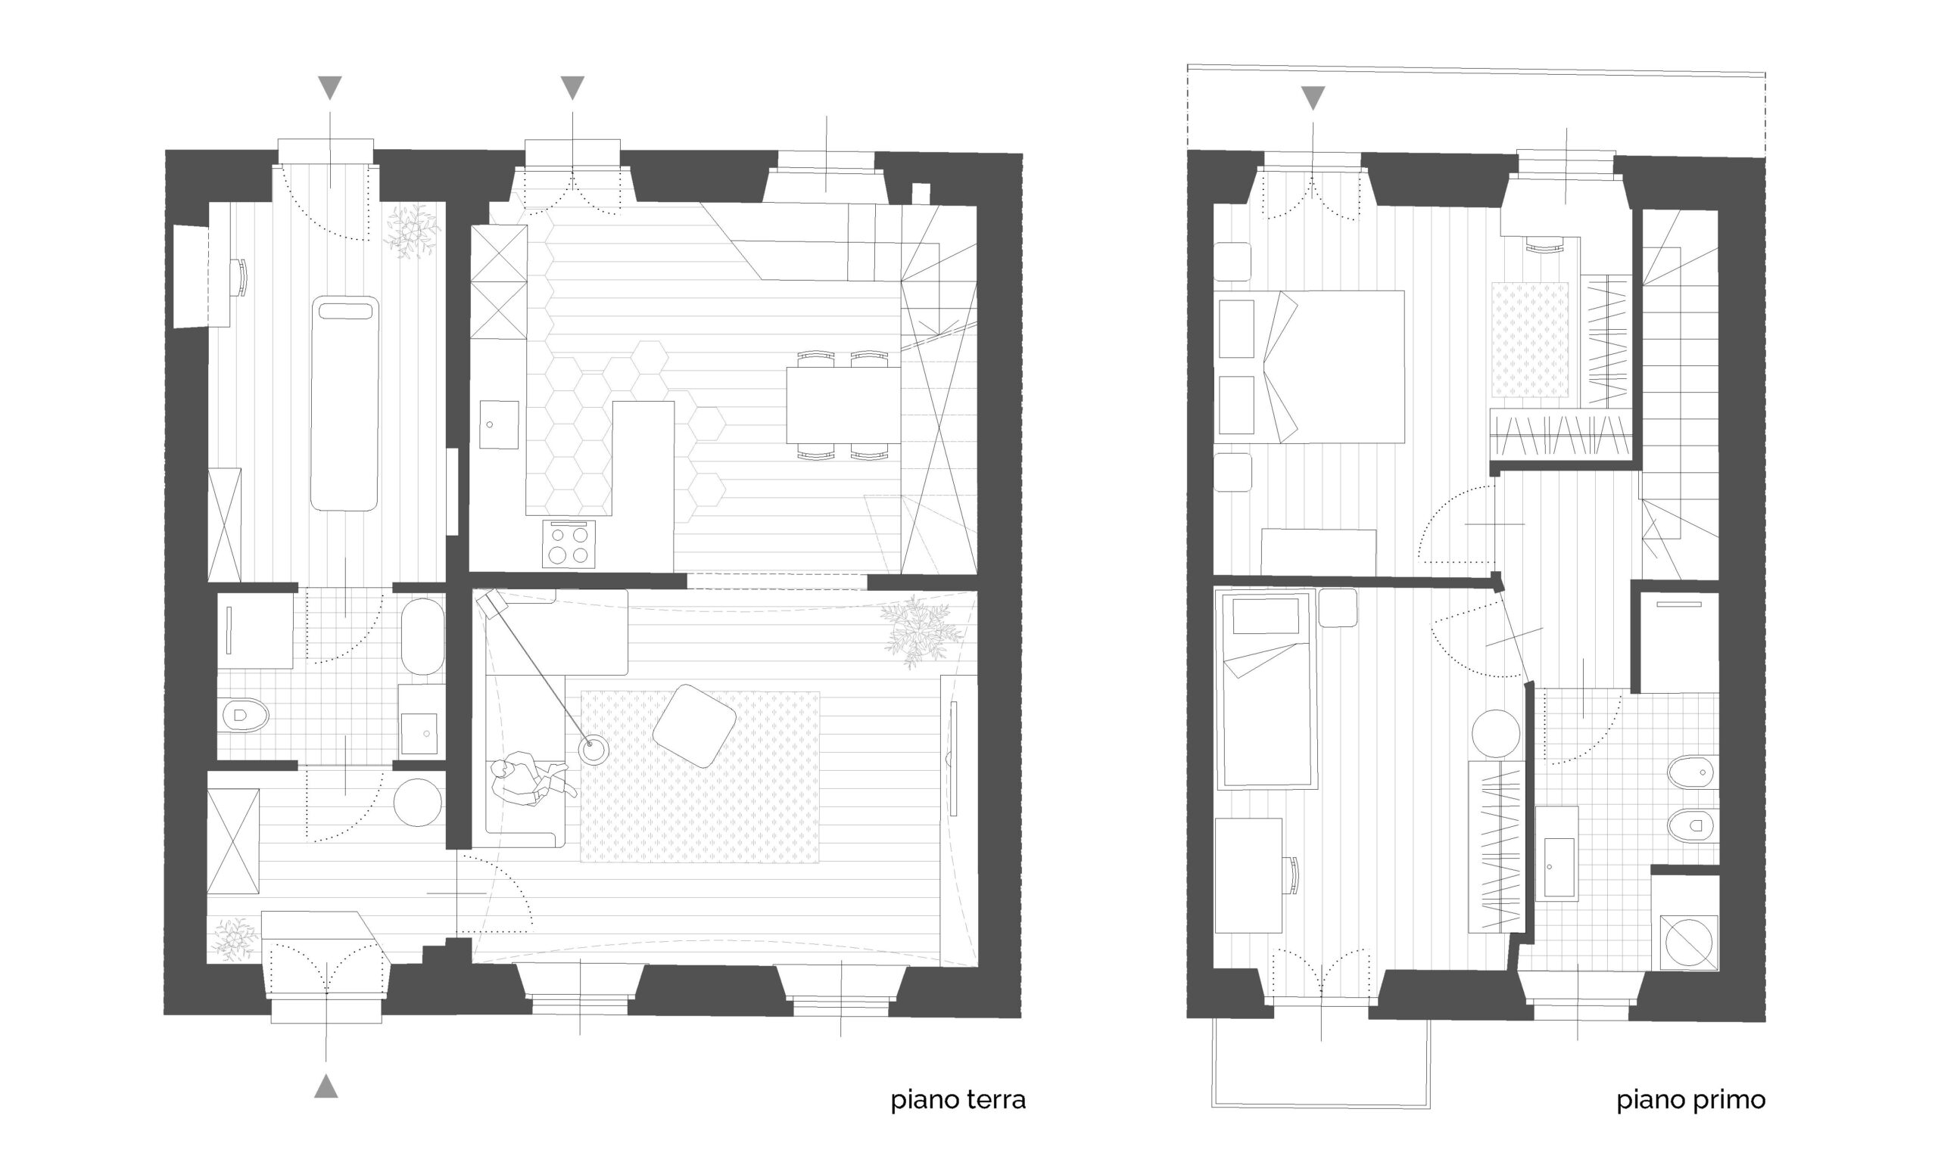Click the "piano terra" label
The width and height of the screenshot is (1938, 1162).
point(957,1100)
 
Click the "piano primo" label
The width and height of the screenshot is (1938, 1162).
point(1691,1100)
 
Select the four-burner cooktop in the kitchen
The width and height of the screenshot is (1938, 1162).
point(568,544)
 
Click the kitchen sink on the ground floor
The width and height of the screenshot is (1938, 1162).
point(499,425)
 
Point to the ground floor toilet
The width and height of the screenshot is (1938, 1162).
point(245,715)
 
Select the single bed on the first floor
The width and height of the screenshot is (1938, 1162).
point(1264,690)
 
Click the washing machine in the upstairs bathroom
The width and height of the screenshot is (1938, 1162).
point(1690,943)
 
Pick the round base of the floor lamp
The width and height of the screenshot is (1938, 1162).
point(593,750)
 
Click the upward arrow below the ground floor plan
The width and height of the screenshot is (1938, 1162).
point(326,1086)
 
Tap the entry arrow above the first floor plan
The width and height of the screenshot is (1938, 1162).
point(1313,98)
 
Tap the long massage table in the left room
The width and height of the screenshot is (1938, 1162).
point(344,403)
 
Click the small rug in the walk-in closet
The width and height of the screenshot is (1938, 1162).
point(1530,340)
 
